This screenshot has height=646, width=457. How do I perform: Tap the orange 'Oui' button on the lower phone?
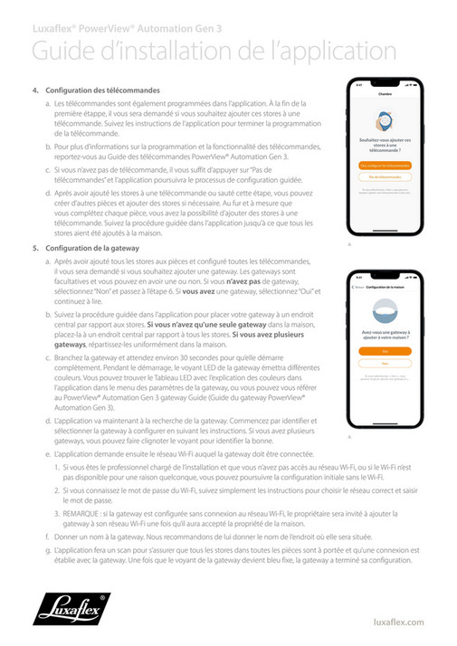coord(384,350)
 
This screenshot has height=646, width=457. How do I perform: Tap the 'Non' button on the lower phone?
coord(384,363)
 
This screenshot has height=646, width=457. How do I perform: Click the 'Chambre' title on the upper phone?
coord(385,93)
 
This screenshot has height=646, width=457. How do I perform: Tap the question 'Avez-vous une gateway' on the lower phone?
coord(384,332)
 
